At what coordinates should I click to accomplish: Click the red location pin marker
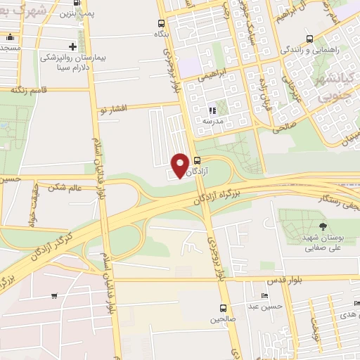coord(180,165)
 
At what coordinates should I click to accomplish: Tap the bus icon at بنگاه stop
coord(162,22)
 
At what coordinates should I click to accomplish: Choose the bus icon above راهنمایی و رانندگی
coord(309,39)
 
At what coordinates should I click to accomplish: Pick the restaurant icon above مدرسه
coord(212,110)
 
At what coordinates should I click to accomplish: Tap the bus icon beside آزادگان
coord(197,160)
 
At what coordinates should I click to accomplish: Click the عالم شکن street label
coord(65,187)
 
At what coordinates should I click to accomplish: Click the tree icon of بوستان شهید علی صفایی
coord(323,226)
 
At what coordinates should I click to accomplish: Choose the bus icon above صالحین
coord(223,308)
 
